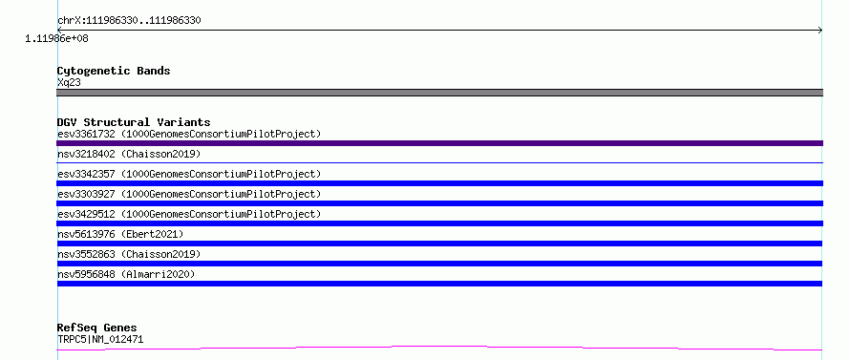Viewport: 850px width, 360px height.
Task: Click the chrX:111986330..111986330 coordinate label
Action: coord(129,21)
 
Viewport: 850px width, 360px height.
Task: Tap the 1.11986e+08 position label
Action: coord(56,39)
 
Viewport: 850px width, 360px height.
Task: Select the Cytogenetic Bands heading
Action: coord(114,71)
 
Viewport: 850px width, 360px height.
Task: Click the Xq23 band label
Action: coord(69,82)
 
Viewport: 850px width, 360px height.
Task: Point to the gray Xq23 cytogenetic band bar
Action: coord(439,93)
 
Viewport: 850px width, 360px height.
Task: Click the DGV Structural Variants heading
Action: coord(134,122)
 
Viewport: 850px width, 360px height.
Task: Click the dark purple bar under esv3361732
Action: coord(439,143)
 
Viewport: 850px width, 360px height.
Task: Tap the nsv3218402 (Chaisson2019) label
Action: coord(129,155)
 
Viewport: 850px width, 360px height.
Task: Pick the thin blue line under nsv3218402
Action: coord(439,162)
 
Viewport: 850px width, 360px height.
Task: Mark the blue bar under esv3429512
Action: coord(439,223)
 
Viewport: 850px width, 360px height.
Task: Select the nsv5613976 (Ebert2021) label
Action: coord(120,234)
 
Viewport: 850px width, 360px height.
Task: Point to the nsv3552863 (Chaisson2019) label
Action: coord(129,254)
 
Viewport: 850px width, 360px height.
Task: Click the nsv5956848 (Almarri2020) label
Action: coord(126,274)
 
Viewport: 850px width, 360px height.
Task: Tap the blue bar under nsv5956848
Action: coord(439,284)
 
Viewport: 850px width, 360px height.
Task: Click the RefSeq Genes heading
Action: coord(97,328)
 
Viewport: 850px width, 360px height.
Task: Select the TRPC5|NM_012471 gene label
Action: coord(100,340)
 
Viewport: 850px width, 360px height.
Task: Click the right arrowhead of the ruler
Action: coord(820,31)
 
